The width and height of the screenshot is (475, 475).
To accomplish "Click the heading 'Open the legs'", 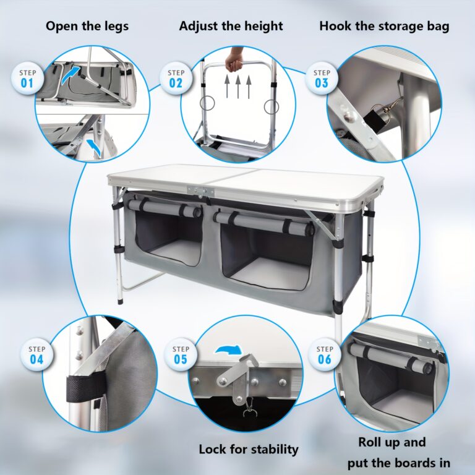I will [87, 26].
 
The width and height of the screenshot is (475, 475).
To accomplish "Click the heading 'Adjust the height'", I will [231, 26].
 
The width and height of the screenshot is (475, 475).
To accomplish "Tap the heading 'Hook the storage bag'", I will [384, 26].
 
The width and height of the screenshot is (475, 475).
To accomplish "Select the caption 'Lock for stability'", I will [249, 449].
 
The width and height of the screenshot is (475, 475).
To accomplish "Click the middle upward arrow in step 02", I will [237, 87].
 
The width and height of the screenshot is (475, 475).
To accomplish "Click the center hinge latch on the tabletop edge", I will [200, 192].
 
